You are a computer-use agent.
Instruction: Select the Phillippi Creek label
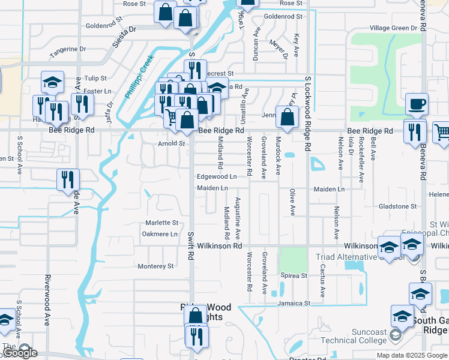click(x=139, y=77)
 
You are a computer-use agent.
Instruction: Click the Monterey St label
click(x=155, y=266)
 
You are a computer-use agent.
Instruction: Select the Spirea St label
click(x=294, y=275)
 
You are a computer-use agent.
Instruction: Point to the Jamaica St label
click(x=294, y=304)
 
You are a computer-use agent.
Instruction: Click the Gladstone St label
click(x=397, y=206)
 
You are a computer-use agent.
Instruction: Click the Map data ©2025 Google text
click(x=412, y=355)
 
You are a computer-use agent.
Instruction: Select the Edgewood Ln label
click(x=217, y=177)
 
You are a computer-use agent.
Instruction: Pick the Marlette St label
click(x=162, y=223)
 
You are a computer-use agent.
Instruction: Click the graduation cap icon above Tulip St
click(x=52, y=82)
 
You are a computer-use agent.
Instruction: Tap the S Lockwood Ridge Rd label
click(x=308, y=113)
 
